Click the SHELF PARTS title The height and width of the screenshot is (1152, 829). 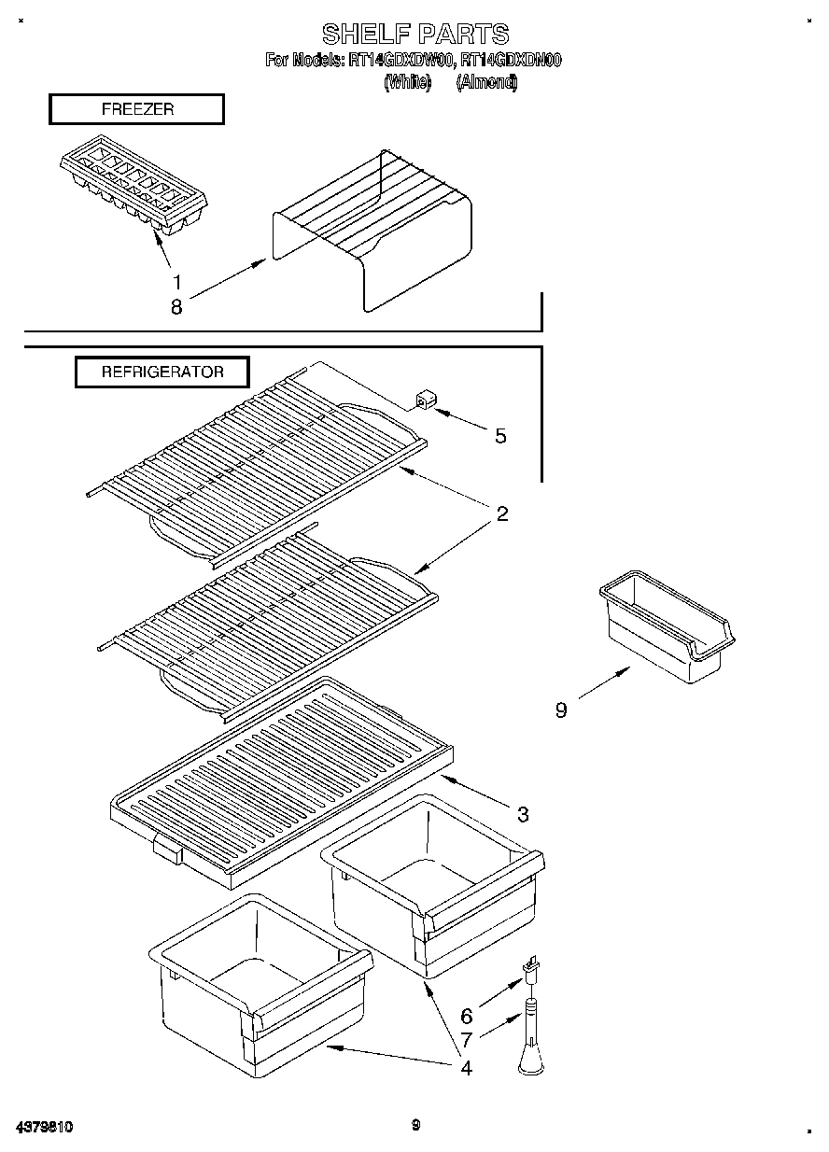point(415,35)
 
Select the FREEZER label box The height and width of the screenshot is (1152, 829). point(136,109)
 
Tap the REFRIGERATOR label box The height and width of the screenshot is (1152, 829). point(162,372)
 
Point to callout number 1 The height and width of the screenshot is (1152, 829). point(176,281)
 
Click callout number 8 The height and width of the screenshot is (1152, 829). point(176,305)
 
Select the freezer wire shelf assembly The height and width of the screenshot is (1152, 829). point(373,229)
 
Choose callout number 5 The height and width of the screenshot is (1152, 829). point(500,436)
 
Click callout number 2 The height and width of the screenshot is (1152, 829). point(502,513)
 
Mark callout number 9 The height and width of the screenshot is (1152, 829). point(560,710)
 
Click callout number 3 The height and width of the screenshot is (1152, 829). point(523,814)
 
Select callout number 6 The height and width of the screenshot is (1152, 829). point(467,1017)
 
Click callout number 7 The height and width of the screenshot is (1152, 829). point(467,1038)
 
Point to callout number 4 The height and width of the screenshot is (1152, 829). point(466,1067)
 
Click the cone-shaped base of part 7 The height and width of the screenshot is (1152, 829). point(529,1058)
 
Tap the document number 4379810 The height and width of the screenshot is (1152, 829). point(44,1127)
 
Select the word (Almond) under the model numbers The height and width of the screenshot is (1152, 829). point(486,82)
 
